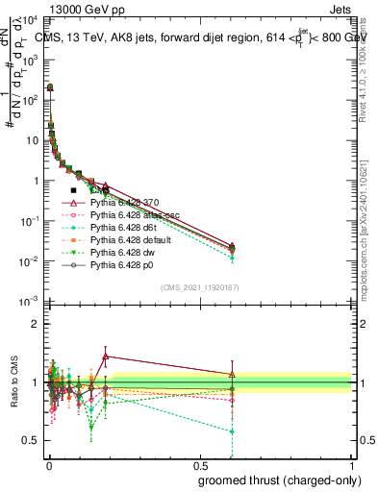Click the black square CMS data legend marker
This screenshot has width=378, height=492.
click(73, 190)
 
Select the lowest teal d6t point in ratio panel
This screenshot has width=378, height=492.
click(231, 431)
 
